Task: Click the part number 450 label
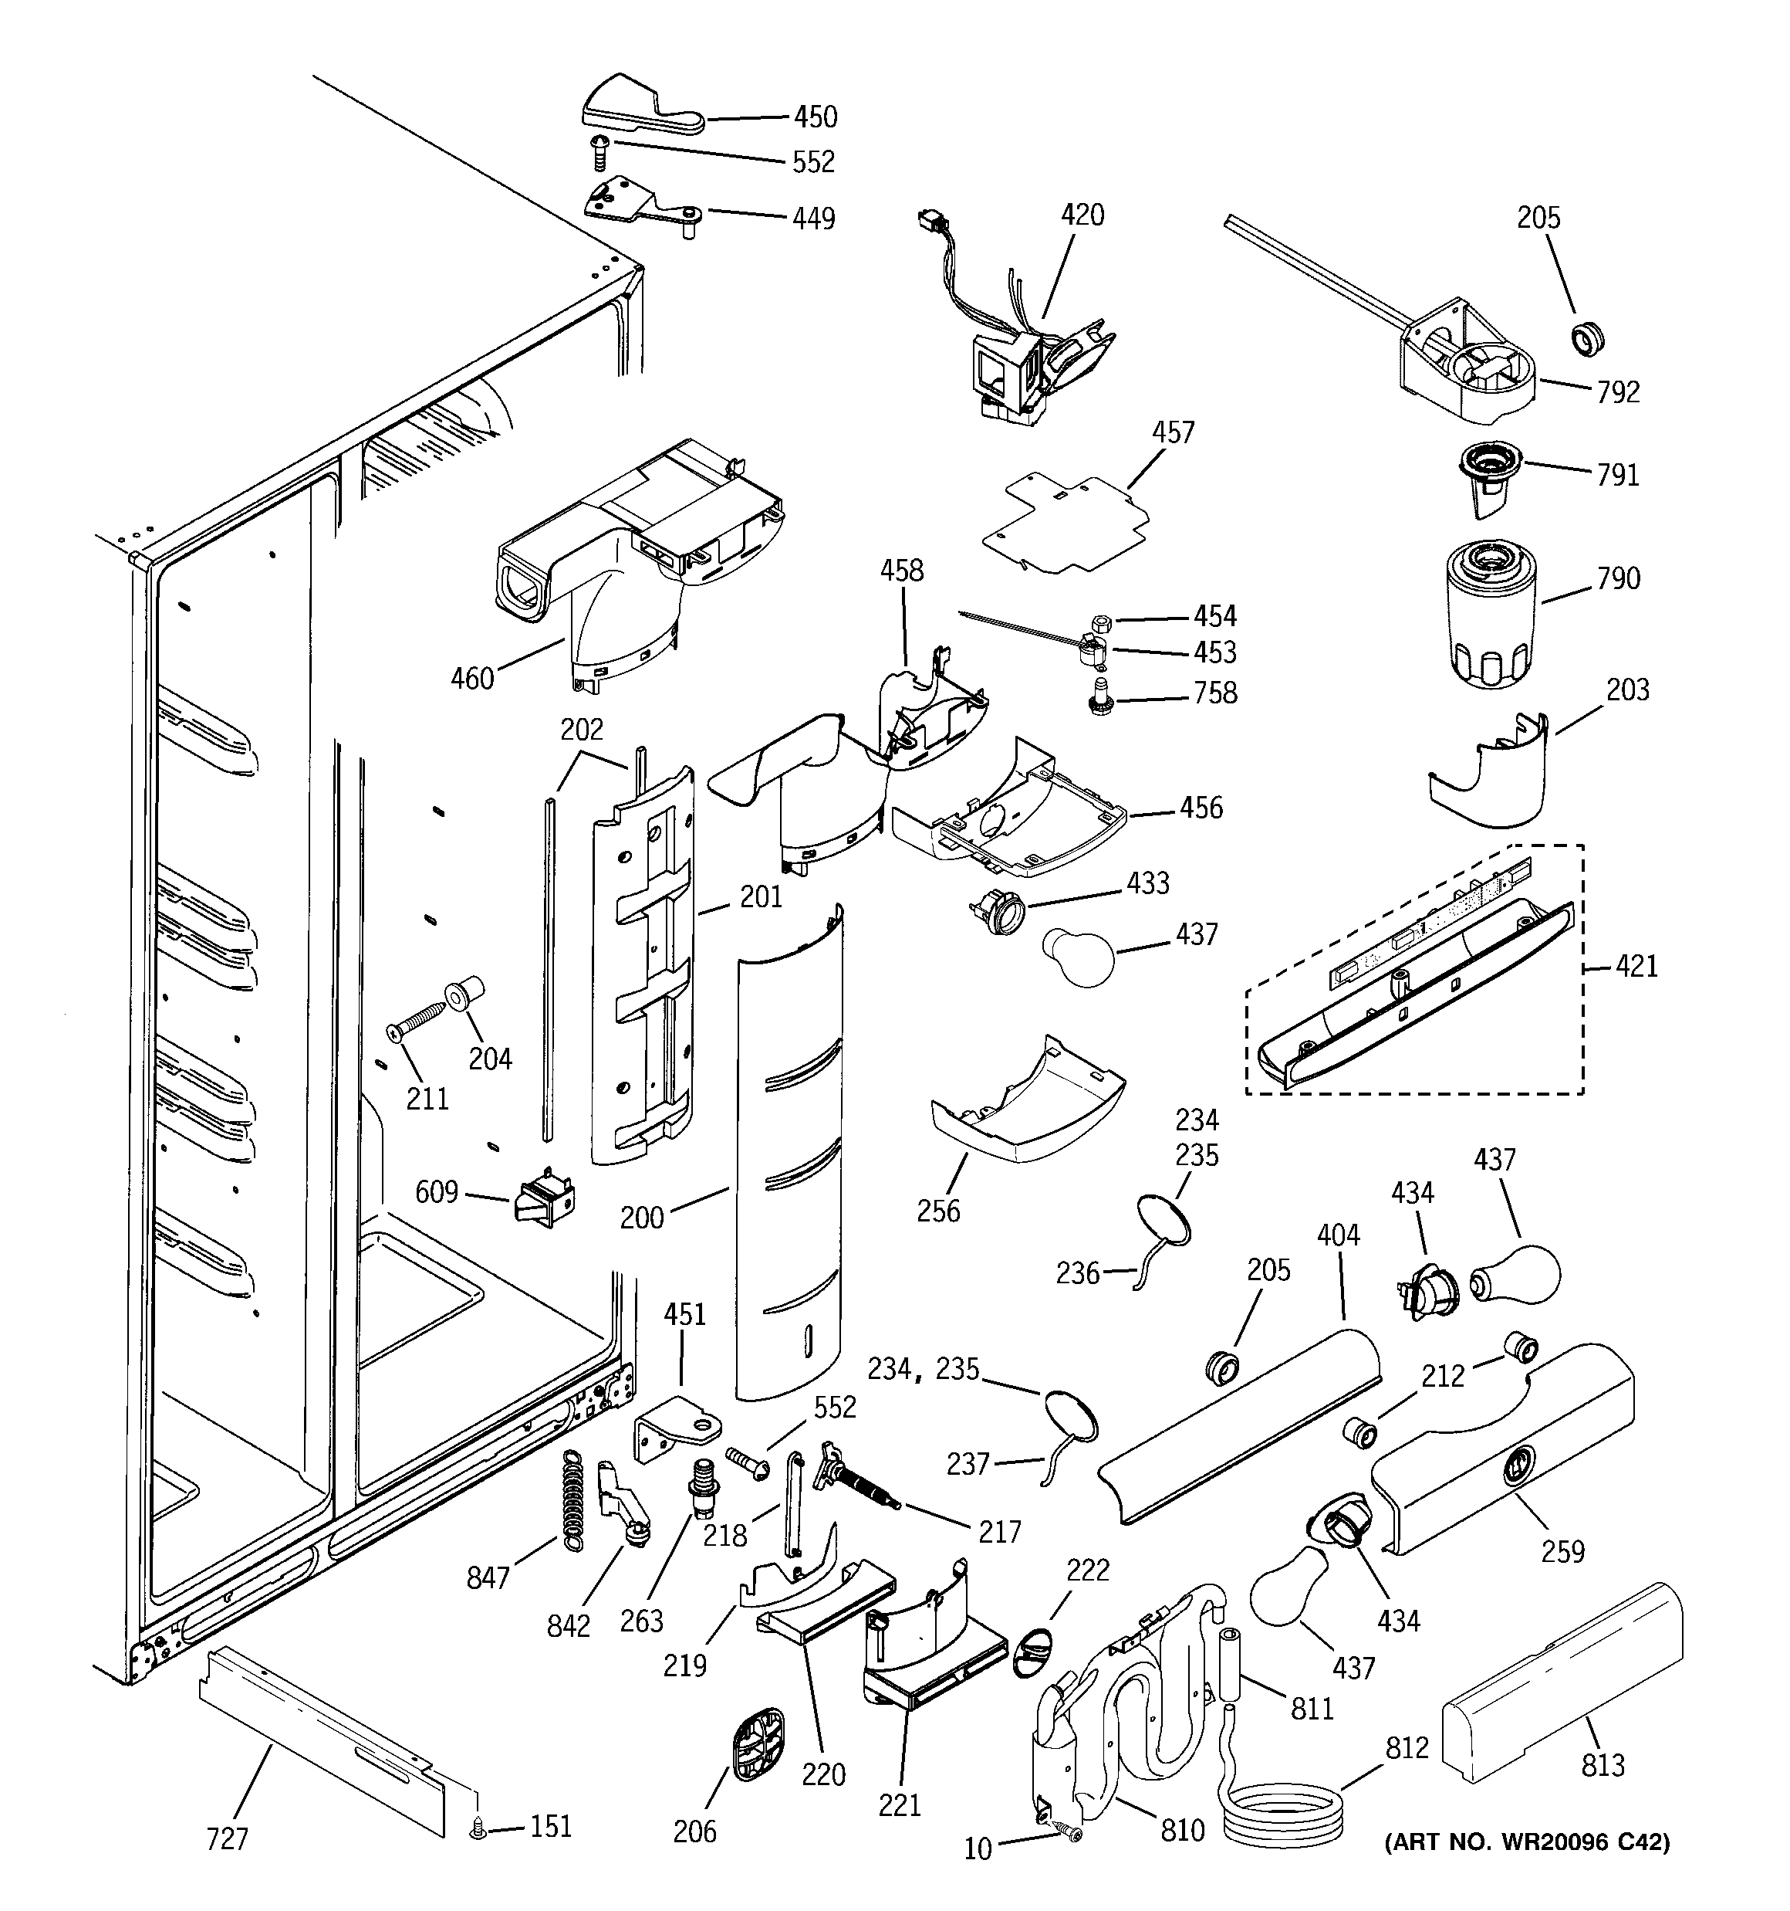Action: point(815,117)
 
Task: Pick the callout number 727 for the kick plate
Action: point(228,1839)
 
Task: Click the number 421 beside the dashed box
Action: point(1636,965)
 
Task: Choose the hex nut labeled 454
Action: point(1102,621)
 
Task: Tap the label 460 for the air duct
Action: point(471,679)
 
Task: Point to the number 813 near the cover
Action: point(1603,1765)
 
